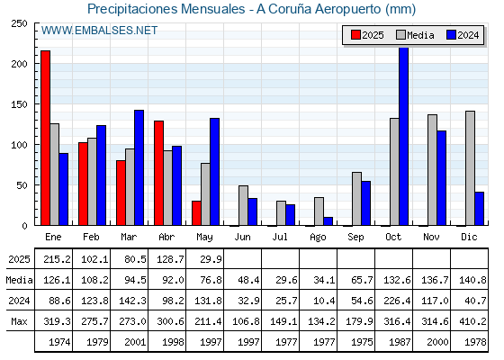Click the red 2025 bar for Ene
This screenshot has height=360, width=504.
click(45, 138)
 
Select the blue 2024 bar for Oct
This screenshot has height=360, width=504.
click(404, 137)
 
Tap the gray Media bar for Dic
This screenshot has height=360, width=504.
click(470, 168)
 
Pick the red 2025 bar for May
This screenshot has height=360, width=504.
click(196, 213)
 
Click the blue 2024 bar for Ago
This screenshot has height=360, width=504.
click(328, 221)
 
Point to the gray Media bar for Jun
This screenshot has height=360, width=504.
click(243, 205)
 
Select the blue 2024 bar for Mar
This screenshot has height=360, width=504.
click(139, 167)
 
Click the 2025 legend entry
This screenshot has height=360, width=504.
click(367, 35)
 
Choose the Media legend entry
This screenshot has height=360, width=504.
click(415, 35)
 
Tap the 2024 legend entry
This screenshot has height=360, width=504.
click(463, 35)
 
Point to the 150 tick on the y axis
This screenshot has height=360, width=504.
click(19, 104)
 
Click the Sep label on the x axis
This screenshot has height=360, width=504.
click(355, 238)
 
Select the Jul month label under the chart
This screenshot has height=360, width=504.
click(280, 238)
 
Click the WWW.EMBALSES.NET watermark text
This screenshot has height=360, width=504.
click(99, 31)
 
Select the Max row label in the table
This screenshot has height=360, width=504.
click(19, 321)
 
